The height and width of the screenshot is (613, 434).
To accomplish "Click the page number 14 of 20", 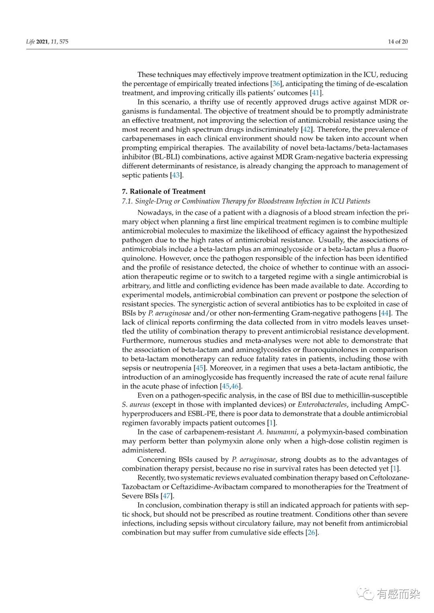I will tap(397, 41).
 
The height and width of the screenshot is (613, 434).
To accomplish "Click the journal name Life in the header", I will tap(30, 42).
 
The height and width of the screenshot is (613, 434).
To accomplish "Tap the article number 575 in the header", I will tap(63, 42).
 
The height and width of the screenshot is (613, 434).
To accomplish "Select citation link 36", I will tap(276, 84).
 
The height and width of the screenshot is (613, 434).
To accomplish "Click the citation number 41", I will tap(316, 93).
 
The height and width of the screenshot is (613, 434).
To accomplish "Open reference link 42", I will tap(306, 130).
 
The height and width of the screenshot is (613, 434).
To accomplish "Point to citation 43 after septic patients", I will tap(176, 175).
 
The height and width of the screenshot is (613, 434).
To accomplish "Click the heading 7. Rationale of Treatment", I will tap(164, 191).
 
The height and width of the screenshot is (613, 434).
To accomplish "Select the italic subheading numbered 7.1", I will tap(246, 201).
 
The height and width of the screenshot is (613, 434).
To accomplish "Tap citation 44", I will tap(384, 313).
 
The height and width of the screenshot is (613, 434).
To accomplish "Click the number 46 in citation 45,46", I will tap(235, 386).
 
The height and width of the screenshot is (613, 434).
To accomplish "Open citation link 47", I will tap(166, 496).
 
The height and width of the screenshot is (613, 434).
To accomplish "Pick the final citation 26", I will tap(311, 533).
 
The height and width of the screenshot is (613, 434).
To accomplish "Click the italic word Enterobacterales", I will tap(322, 405).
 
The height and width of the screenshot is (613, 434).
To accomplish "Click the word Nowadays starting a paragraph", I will tap(154, 212).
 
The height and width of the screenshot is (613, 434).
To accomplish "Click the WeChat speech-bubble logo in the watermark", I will tap(366, 593).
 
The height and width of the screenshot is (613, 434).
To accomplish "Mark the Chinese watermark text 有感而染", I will tap(398, 593).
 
